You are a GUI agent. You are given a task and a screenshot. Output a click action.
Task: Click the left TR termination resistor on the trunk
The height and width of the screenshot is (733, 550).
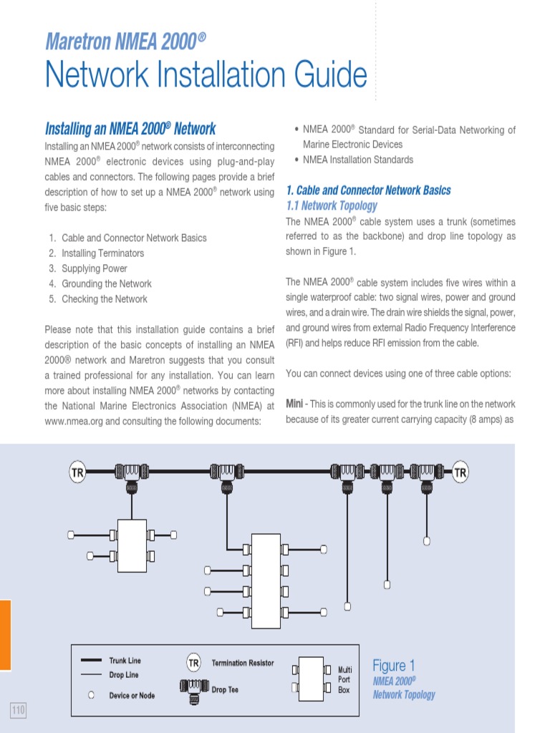click(77, 472)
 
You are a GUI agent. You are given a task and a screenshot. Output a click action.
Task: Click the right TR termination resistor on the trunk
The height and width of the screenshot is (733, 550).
click(460, 472)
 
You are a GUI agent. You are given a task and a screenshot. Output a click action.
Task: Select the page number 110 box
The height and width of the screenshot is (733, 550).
click(18, 710)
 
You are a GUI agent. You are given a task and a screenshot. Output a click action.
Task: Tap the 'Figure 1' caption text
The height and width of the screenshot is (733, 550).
click(393, 666)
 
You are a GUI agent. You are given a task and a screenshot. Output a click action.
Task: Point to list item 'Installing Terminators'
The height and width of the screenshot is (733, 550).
click(102, 253)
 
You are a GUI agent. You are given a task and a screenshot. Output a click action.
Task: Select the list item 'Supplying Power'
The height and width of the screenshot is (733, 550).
click(95, 268)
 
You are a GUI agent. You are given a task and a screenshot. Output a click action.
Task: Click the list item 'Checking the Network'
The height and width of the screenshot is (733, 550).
click(105, 299)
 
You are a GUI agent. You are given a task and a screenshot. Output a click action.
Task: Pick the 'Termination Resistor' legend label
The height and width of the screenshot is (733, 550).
click(243, 664)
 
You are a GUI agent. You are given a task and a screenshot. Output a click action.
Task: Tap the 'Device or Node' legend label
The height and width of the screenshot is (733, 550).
click(132, 695)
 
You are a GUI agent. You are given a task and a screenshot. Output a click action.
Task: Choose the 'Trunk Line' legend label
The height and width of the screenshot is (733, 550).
click(125, 661)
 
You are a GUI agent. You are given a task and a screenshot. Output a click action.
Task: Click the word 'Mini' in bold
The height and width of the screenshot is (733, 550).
click(294, 404)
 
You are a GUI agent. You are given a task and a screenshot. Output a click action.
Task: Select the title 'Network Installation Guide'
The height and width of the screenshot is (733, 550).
click(206, 74)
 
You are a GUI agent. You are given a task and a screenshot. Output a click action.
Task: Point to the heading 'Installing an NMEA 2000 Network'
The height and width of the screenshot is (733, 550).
click(130, 130)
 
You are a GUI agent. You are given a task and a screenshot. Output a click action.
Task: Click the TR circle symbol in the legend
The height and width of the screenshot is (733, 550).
click(193, 664)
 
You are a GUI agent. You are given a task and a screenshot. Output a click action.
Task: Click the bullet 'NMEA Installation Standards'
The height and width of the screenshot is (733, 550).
click(358, 160)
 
